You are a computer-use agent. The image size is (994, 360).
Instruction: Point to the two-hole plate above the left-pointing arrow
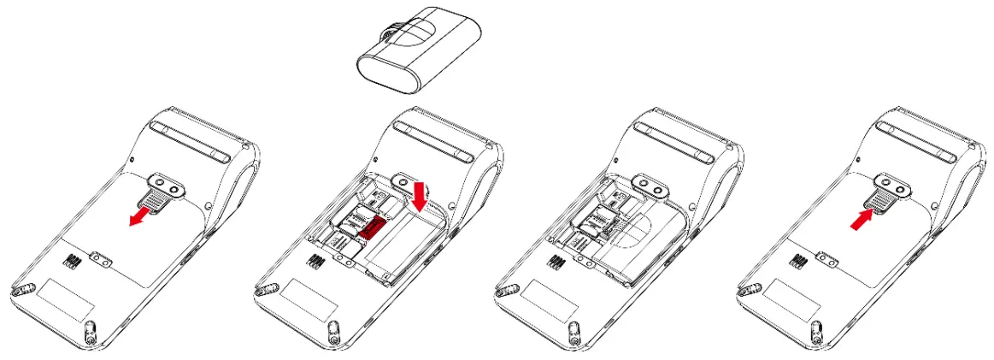[x=164, y=186]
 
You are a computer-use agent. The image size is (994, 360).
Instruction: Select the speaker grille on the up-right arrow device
[x=799, y=261]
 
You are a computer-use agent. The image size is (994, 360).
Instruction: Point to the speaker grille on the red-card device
[x=315, y=261]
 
